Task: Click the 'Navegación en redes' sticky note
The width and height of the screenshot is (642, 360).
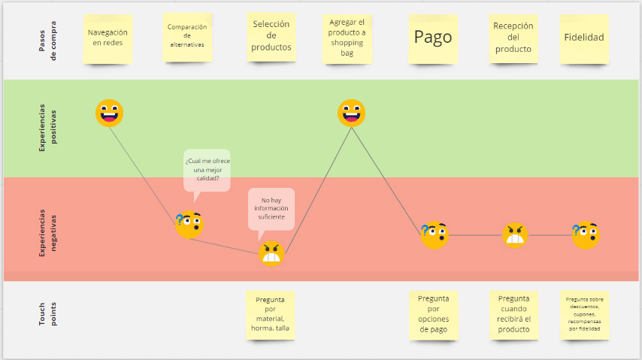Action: click(x=108, y=38)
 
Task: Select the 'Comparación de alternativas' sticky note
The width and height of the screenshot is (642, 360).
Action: click(x=188, y=36)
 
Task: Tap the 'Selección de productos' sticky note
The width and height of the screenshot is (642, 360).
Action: click(x=271, y=36)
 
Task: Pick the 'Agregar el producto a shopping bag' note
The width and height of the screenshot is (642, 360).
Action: click(x=347, y=38)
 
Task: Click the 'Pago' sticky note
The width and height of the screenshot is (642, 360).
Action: click(x=433, y=37)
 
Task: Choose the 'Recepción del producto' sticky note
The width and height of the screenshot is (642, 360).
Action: click(x=513, y=38)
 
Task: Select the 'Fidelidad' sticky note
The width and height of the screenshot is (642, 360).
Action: click(x=584, y=38)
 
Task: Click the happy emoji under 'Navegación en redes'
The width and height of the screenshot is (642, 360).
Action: click(x=109, y=113)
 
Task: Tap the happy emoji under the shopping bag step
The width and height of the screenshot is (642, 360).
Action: click(x=351, y=113)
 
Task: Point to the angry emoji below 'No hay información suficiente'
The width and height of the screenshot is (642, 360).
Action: click(x=271, y=254)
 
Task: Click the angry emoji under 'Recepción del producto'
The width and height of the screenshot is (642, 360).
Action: click(x=515, y=235)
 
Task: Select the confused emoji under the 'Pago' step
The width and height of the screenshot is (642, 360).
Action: click(x=434, y=234)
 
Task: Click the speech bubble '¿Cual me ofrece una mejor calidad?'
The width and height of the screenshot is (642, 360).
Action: click(x=207, y=169)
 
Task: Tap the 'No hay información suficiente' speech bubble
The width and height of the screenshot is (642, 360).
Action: click(x=271, y=208)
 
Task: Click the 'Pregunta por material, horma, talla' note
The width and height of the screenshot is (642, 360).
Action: click(x=271, y=315)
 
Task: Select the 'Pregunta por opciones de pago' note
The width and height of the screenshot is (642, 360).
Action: click(x=433, y=314)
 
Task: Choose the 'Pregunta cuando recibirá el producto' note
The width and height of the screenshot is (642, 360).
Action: click(x=513, y=314)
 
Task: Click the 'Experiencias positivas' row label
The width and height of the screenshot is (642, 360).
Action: click(x=47, y=129)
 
